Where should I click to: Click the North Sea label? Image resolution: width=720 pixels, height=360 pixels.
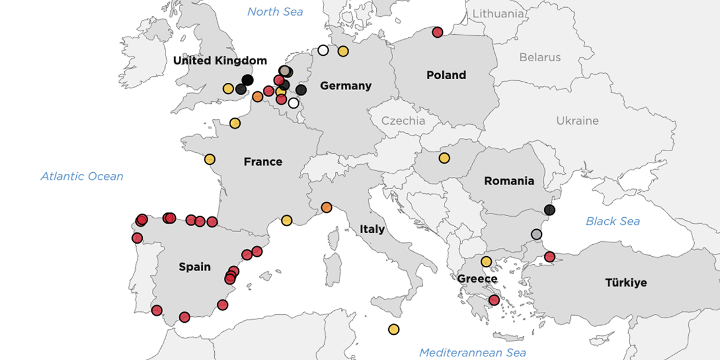tap(275, 11)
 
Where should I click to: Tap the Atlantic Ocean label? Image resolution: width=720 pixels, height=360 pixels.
tap(82, 176)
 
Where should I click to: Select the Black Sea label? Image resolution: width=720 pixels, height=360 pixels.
tap(613, 221)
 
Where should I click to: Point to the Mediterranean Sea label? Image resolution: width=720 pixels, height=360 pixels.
tap(472, 352)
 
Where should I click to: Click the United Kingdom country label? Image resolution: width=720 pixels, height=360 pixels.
tap(220, 61)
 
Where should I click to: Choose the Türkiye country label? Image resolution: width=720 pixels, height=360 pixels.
tap(626, 282)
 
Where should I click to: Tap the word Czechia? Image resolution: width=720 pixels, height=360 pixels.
tap(403, 121)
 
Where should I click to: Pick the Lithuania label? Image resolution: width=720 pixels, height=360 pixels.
tap(498, 14)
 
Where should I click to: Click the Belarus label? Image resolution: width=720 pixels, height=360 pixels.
tap(540, 58)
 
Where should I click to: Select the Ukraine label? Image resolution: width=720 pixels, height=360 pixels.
tap(577, 121)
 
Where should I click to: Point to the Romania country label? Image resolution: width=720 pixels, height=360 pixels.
tap(509, 181)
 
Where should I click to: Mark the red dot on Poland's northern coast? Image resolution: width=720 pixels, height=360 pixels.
tap(437, 32)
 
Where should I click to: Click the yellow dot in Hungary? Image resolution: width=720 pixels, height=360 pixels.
tap(444, 158)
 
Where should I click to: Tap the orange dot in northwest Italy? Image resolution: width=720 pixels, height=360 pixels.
tap(326, 208)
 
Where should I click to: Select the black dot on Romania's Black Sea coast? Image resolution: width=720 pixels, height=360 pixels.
tap(550, 210)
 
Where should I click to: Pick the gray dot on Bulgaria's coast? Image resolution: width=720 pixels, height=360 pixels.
tap(536, 234)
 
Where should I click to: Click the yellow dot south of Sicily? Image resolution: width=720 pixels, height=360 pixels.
tap(394, 329)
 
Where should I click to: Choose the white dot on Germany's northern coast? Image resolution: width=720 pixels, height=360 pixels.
tap(323, 50)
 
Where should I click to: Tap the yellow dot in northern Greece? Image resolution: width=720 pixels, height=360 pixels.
tap(486, 262)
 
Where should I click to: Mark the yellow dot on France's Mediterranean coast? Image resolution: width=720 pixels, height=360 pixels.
tap(287, 220)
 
